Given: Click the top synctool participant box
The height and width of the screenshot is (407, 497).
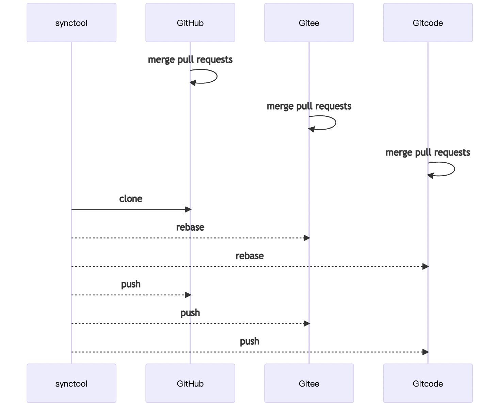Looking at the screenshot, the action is tap(71, 22).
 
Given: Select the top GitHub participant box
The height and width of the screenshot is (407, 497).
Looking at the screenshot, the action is tap(190, 22).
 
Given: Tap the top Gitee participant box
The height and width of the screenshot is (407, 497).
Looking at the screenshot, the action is tap(309, 22).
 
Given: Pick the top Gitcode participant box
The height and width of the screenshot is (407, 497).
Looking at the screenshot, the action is tap(428, 22).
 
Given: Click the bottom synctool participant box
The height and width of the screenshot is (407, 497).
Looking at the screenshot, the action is tap(71, 383).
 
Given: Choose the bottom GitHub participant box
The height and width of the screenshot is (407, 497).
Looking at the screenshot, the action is tap(190, 383).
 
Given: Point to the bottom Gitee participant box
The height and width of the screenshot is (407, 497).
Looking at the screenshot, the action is tap(309, 383).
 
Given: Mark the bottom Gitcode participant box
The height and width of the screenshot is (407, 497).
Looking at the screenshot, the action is tap(428, 383).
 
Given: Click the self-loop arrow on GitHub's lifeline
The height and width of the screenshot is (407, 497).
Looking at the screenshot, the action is tap(217, 76).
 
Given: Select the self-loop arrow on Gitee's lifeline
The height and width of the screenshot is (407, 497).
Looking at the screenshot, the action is tap(336, 123).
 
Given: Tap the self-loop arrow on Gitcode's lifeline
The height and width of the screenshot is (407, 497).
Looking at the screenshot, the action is tap(454, 169).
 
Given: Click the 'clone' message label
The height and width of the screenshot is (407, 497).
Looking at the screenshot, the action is tap(131, 199).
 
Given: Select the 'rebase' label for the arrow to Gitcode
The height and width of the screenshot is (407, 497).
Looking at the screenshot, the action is tap(250, 256).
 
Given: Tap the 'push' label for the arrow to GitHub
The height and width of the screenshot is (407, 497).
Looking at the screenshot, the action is tap(131, 284).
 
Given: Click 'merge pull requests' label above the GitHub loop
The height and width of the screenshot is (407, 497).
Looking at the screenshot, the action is tap(190, 60).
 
